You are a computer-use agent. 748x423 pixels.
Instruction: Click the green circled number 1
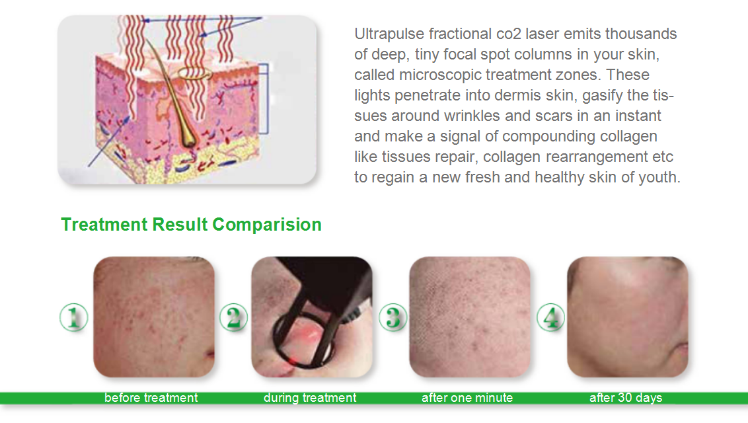[73, 318]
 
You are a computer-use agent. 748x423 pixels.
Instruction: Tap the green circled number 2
[233, 318]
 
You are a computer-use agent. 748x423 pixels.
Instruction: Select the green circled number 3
[393, 318]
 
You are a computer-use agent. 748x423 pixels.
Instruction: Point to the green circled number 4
[551, 318]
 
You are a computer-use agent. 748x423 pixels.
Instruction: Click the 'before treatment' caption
[151, 398]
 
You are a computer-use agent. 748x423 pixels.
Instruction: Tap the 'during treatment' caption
[310, 398]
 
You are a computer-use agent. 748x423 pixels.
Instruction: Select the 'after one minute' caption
[467, 398]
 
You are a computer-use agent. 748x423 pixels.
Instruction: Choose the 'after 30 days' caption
[626, 398]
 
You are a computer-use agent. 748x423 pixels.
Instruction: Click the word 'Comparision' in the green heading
[267, 225]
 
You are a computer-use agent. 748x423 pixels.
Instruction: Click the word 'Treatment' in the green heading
[104, 225]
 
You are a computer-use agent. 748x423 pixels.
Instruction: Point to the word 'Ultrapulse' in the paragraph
[389, 34]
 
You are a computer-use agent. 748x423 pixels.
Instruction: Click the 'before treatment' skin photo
[154, 317]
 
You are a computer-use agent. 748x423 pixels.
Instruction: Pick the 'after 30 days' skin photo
[628, 317]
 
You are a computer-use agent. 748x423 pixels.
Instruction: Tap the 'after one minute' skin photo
[470, 317]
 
